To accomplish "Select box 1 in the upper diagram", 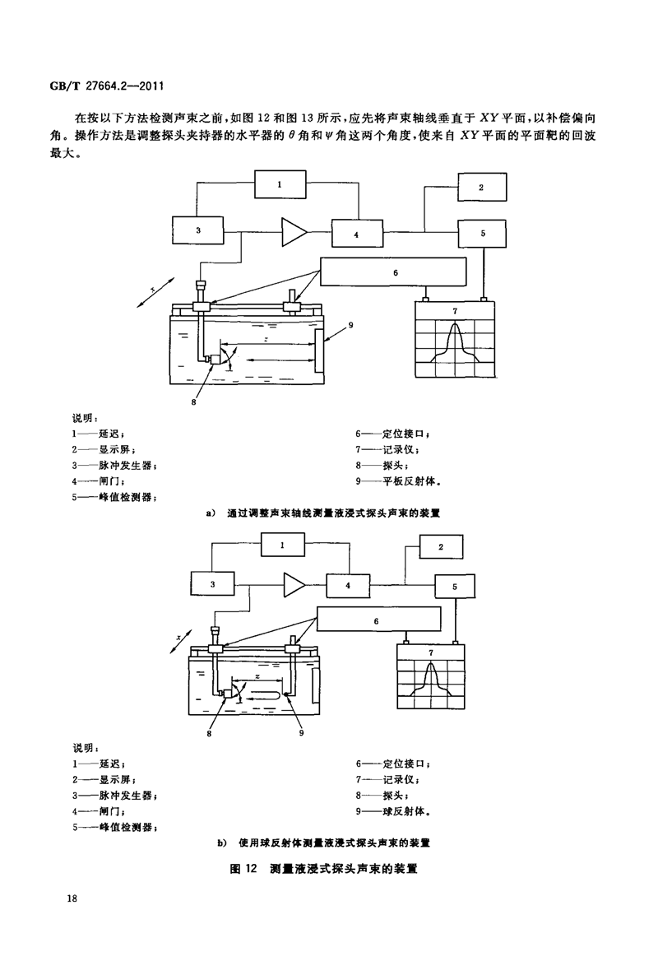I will coord(279,184).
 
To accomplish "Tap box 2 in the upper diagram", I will coord(483,187).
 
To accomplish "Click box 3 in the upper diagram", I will coord(198,230).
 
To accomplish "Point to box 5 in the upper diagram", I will coord(483,232).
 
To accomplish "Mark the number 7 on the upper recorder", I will coord(455,310).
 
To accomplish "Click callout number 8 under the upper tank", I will coord(195,401).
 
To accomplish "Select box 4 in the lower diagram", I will coord(347,585).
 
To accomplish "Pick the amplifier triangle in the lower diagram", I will coord(294,585).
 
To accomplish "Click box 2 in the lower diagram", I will coord(441,546).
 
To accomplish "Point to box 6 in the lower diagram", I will coord(376,620).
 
